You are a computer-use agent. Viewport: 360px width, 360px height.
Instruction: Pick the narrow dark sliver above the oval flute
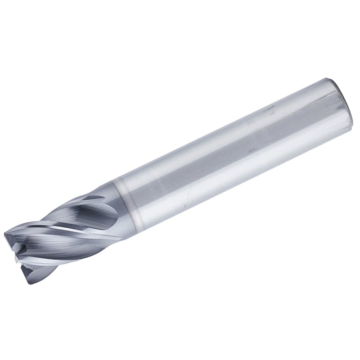[x=92, y=198]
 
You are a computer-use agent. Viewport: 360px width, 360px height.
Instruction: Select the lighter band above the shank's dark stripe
[x=216, y=135]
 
